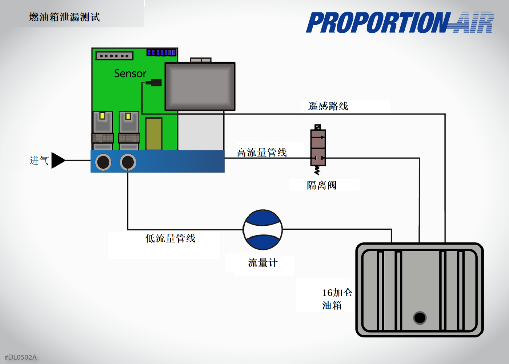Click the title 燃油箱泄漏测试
coord(64,17)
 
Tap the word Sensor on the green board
coord(130,74)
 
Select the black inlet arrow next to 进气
coord(58,160)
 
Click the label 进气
coord(39,160)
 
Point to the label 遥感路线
coord(328,106)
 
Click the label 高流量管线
coord(262,153)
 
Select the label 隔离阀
coord(322,185)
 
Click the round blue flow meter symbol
coord(263,230)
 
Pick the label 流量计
coord(262,263)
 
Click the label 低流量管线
coord(171,238)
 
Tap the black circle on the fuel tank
coord(420,318)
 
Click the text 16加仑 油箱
coord(337,299)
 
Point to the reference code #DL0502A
coord(21,357)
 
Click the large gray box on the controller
coord(200,86)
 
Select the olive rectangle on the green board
coord(154,134)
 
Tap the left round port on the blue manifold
coord(103,162)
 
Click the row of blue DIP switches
coord(161,52)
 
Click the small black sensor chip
coord(155,83)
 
